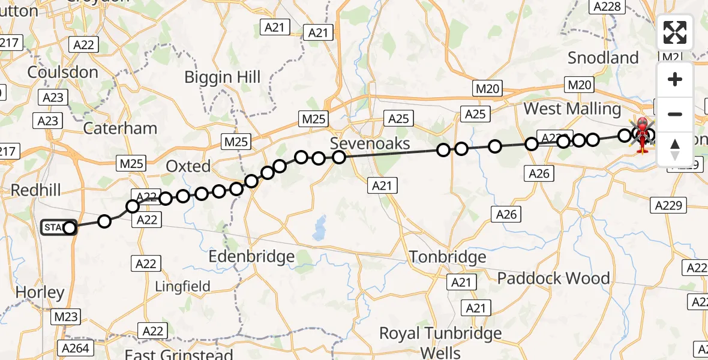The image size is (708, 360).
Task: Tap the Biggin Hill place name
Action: pos(223,77)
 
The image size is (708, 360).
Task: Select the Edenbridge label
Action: pos(251,257)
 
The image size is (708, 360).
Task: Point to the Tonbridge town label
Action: pos(448,257)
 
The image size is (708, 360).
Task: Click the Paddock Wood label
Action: pos(553,278)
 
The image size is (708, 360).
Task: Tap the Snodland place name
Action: pos(603,58)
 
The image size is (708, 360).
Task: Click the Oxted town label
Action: pos(188,166)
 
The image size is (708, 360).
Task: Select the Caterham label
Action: pos(120,128)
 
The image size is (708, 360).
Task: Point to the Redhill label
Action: pos(36,190)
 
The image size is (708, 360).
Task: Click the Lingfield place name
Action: pos(183,287)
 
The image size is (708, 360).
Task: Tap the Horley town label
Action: pos(40,293)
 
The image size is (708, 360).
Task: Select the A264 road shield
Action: pos(75,349)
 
